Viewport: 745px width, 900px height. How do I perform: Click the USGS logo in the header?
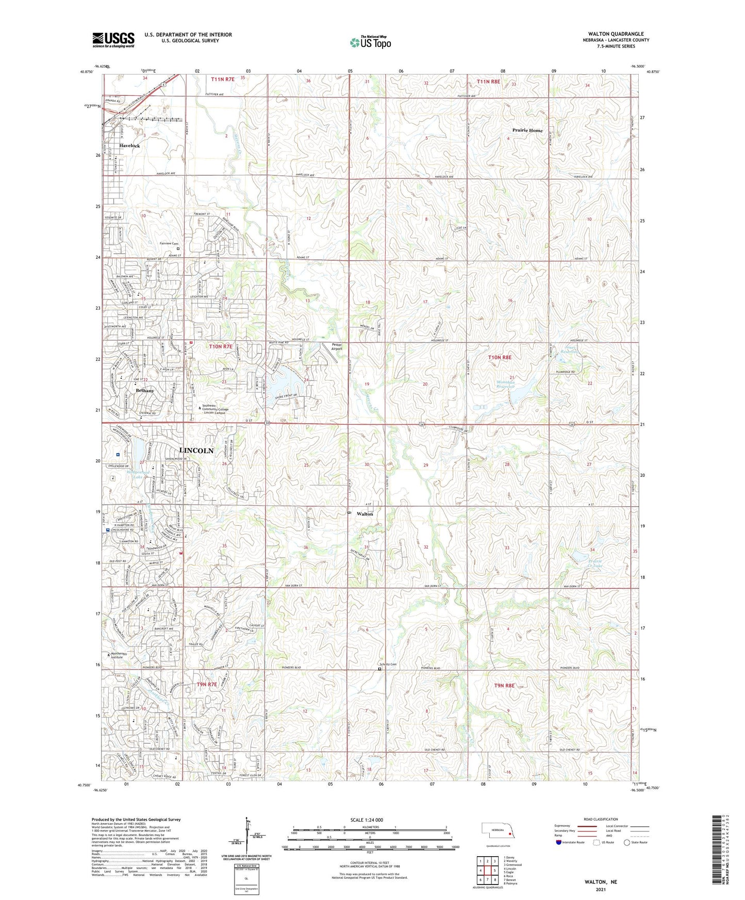tap(113, 40)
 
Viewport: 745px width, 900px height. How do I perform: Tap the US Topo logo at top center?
tap(370, 42)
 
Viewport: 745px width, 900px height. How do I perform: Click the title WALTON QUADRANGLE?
tap(616, 34)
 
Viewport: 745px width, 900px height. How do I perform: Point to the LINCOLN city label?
tap(196, 451)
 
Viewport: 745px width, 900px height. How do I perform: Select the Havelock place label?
tap(129, 146)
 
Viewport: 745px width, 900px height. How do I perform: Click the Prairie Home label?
tap(527, 130)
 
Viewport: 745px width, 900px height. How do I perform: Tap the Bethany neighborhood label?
tap(144, 391)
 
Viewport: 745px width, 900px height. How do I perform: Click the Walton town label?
tap(365, 514)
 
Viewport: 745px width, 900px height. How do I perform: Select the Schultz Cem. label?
tap(388, 664)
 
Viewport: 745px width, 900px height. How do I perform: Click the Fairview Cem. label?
tap(169, 243)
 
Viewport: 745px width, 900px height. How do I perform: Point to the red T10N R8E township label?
tap(500, 357)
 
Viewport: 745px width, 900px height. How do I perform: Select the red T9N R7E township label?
tap(207, 685)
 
